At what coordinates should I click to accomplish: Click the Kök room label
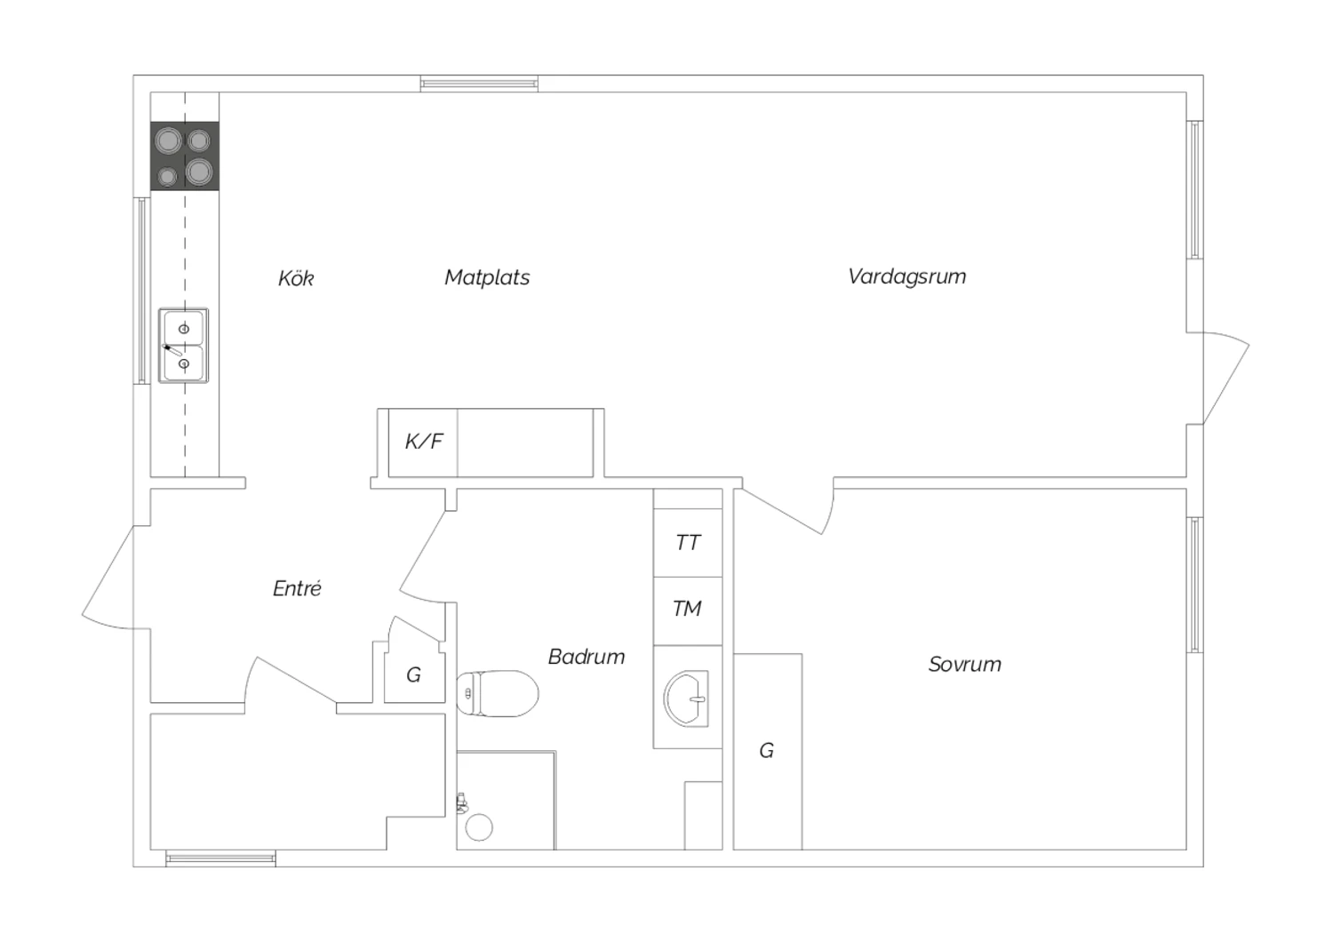click(x=296, y=278)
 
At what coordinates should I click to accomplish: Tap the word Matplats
click(x=487, y=277)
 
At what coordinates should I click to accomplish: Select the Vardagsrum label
click(x=907, y=276)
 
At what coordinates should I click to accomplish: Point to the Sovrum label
click(x=964, y=664)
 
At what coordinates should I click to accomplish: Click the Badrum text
click(x=587, y=657)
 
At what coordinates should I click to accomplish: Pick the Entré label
click(x=297, y=588)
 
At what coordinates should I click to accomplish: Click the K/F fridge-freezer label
click(x=424, y=441)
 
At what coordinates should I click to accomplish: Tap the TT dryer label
click(x=688, y=542)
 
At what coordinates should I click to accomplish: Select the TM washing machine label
click(x=687, y=608)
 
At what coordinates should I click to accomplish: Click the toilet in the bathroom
click(x=498, y=693)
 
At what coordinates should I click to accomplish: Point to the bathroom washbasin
click(x=687, y=699)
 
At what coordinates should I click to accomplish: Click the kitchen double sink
click(x=183, y=345)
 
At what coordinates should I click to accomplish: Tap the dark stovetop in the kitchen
click(x=185, y=156)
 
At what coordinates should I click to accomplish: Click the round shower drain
click(x=479, y=827)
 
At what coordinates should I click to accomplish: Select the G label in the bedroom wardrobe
click(x=766, y=750)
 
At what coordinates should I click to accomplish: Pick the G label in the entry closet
click(x=413, y=675)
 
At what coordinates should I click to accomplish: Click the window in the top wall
click(x=479, y=84)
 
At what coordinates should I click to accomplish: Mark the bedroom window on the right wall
click(x=1195, y=585)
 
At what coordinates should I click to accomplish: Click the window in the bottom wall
click(x=220, y=858)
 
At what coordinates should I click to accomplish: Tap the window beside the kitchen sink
click(x=141, y=291)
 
